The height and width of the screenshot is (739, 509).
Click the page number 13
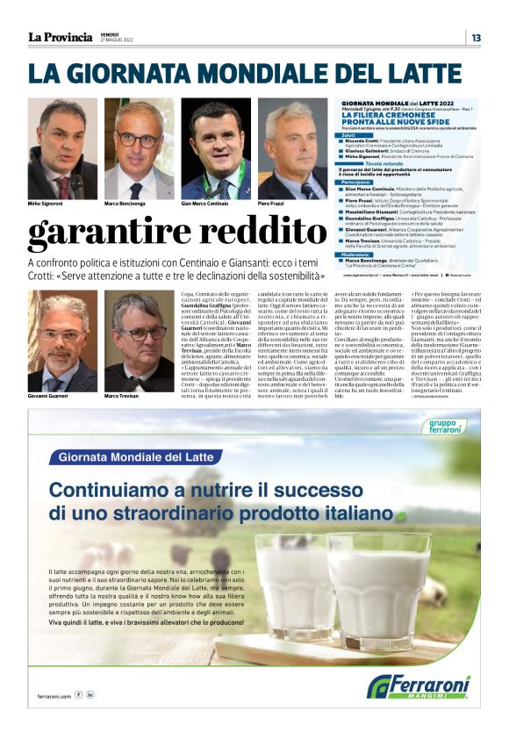coord(476,37)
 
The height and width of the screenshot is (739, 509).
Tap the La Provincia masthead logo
coord(60,37)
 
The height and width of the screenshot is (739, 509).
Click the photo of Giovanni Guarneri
coord(62,341)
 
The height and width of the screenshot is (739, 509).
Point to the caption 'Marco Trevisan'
coord(124,396)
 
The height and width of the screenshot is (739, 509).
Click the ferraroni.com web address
coord(54,694)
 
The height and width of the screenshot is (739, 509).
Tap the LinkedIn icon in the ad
coord(90,694)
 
